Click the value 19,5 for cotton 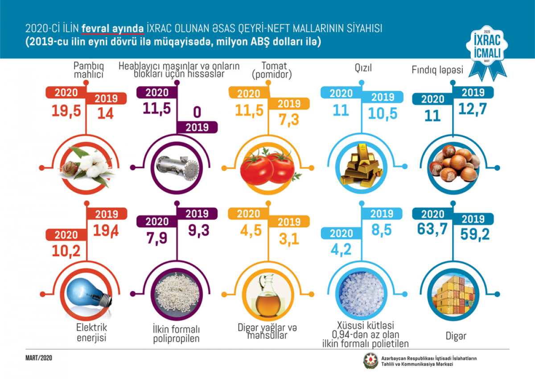[66, 111]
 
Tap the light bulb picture [86, 295]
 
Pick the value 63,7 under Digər [432, 229]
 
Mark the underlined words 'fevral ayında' [113, 29]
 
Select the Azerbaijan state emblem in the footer [370, 361]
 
